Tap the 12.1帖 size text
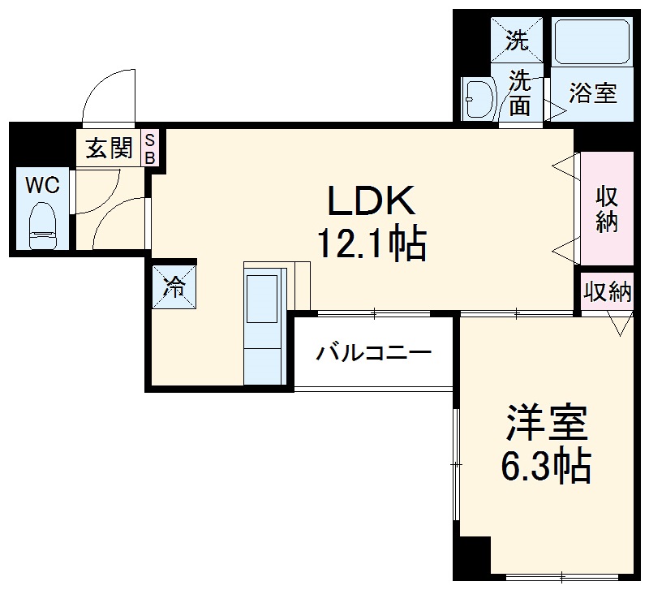pyautogui.click(x=371, y=243)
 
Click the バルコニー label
pyautogui.click(x=374, y=353)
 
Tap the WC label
pyautogui.click(x=41, y=185)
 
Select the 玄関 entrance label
pyautogui.click(x=109, y=149)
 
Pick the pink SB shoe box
pyautogui.click(x=150, y=148)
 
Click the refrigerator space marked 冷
pyautogui.click(x=174, y=285)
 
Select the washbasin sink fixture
pyautogui.click(x=479, y=99)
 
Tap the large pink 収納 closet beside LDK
pyautogui.click(x=606, y=209)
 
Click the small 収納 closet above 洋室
pyautogui.click(x=608, y=293)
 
